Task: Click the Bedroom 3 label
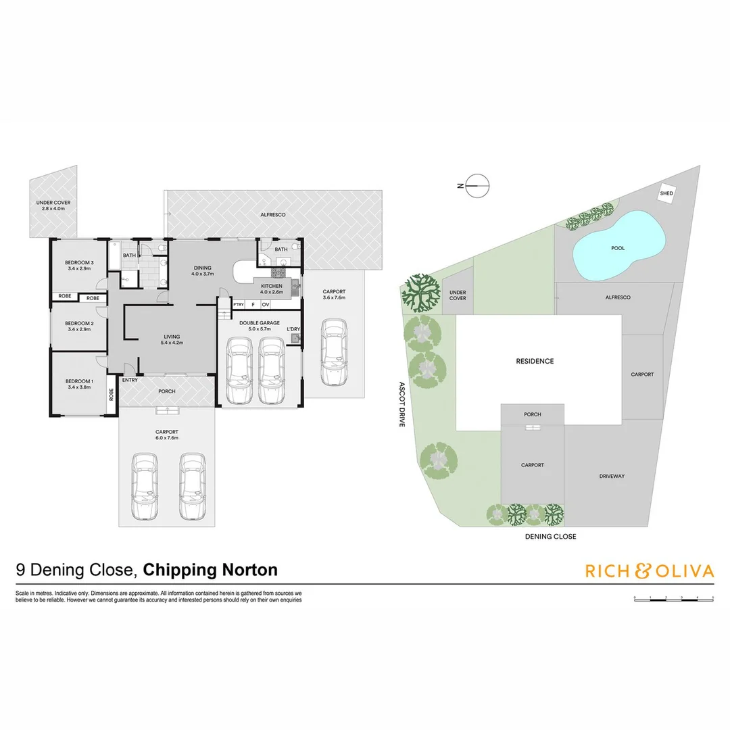click(79, 262)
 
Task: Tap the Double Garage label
click(260, 323)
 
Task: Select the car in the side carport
click(334, 353)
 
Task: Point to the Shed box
click(666, 194)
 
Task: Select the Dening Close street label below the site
click(550, 537)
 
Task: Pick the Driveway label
click(612, 477)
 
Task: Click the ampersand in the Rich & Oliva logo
click(641, 571)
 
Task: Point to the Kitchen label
click(272, 287)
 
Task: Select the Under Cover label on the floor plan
click(53, 202)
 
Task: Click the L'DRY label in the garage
click(293, 329)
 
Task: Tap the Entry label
click(130, 380)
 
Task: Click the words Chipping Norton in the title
click(211, 570)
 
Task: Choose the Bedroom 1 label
click(79, 382)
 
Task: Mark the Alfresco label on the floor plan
click(273, 214)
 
